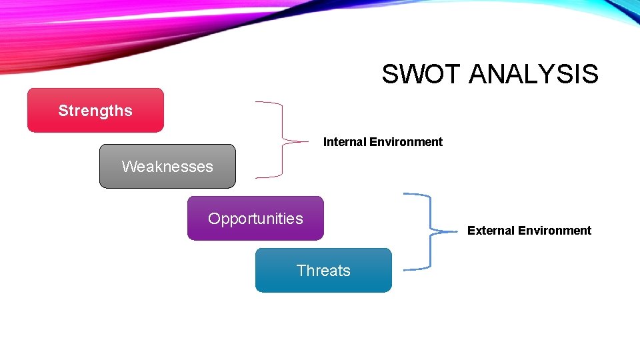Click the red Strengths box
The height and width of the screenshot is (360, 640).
(95, 111)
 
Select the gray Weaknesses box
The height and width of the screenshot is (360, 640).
(167, 167)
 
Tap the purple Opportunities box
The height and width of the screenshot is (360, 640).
(255, 219)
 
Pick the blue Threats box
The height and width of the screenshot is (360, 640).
(323, 271)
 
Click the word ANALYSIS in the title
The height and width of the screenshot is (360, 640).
(533, 74)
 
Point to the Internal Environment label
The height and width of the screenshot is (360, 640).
(383, 142)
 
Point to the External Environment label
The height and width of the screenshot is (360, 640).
(529, 231)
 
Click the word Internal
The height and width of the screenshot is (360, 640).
(345, 142)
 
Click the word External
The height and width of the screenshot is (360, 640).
(490, 231)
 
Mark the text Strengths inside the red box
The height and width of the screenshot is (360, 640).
(95, 111)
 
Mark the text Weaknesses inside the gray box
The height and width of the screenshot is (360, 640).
(167, 167)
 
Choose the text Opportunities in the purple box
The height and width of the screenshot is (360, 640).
(255, 219)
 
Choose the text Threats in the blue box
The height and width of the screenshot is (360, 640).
(323, 271)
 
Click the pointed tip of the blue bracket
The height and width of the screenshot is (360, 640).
(459, 231)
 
